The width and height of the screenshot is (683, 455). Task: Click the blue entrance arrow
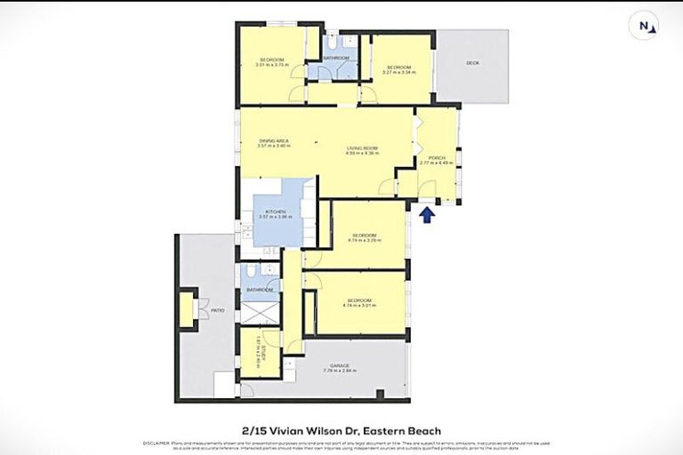pos(429,215)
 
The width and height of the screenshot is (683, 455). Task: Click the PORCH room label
pos(437,158)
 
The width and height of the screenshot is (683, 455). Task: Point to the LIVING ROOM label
pos(363,148)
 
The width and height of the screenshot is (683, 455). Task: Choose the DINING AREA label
pos(272,140)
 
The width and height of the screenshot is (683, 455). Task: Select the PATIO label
pos(217,310)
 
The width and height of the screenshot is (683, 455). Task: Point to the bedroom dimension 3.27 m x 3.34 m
pos(398,73)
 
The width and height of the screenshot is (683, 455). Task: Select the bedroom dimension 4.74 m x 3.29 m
pos(362,241)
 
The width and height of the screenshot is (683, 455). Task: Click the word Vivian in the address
pos(293,429)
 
